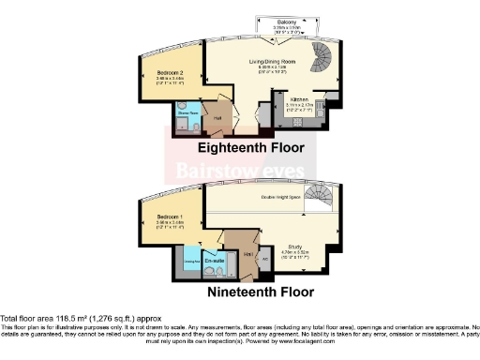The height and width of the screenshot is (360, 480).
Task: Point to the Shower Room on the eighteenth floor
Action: coord(182,118)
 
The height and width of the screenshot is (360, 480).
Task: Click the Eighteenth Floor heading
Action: coord(256,147)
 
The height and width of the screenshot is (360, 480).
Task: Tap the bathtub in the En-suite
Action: coord(213,269)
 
